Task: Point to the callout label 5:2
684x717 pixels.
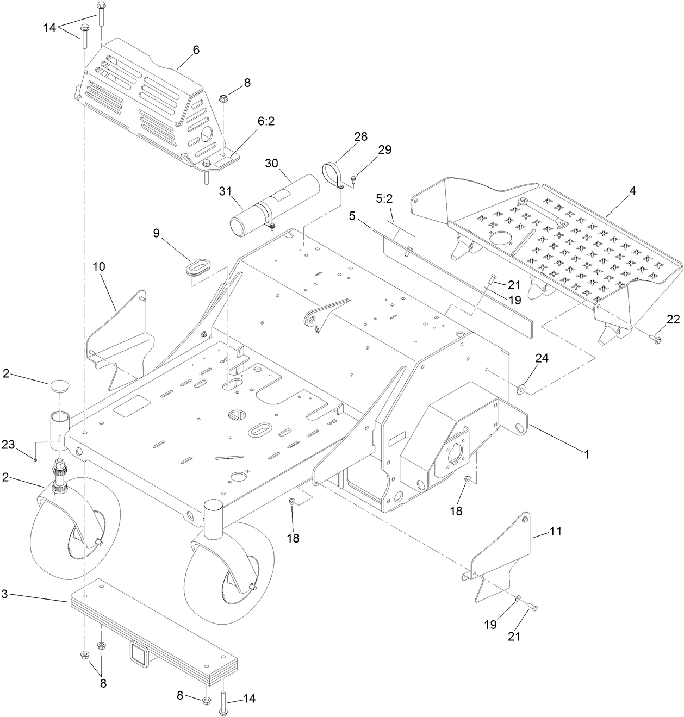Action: tap(384, 199)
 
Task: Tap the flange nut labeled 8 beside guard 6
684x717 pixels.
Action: tap(223, 99)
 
